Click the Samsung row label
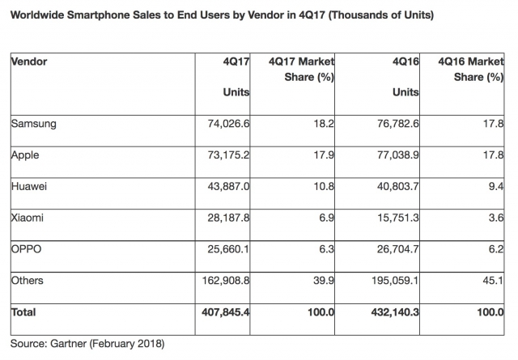click(x=32, y=124)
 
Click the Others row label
click(x=28, y=280)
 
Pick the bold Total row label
click(x=23, y=311)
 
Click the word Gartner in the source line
click(x=67, y=344)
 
